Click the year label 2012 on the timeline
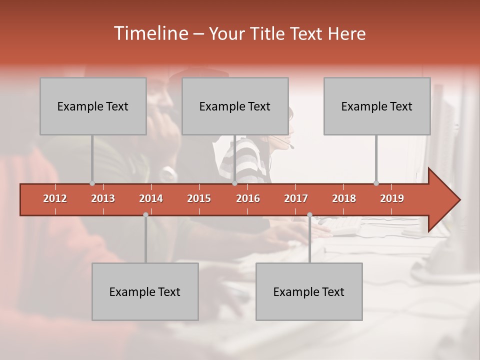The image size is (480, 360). [55, 198]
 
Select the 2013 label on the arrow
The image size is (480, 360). [103, 198]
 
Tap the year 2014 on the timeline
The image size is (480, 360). [151, 198]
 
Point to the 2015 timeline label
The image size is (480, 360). [199, 198]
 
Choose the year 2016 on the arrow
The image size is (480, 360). [248, 198]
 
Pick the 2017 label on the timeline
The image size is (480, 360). [296, 198]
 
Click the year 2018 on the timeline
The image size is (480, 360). [344, 198]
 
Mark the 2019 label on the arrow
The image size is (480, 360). [392, 198]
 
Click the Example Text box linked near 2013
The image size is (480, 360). [93, 106]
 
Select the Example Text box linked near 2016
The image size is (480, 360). [235, 106]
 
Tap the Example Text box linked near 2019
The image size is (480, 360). [377, 106]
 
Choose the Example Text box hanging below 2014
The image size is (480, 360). [145, 291]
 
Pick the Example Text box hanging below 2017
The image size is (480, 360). [309, 291]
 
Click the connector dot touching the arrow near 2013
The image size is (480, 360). [92, 183]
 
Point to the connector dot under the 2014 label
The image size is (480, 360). [145, 214]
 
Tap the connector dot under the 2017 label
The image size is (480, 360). [309, 214]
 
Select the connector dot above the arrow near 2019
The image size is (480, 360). [376, 183]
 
